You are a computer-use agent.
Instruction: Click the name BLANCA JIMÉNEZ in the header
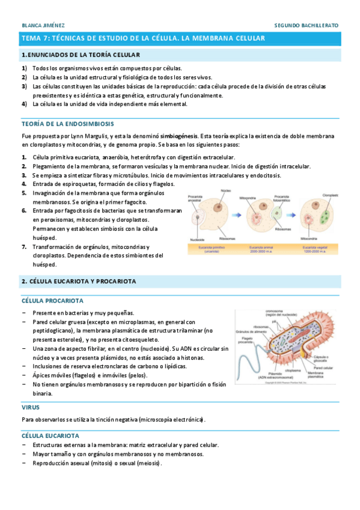[43, 26]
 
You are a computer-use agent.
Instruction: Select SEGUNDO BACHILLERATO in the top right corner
[306, 26]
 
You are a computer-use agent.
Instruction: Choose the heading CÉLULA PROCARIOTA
[52, 300]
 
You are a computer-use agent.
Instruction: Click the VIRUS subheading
[31, 407]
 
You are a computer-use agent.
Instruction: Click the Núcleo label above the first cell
[225, 191]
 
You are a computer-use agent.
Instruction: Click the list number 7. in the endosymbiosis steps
[24, 247]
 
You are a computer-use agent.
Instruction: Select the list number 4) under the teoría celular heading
[25, 103]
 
